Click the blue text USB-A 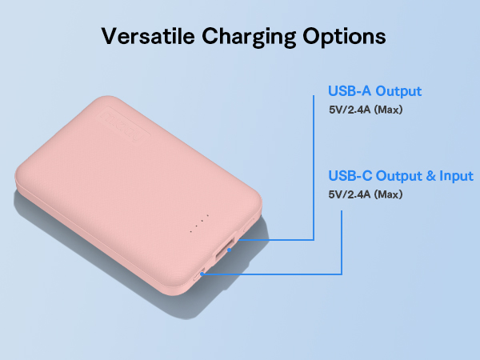point(347,91)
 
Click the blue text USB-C point(348,176)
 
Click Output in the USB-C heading point(397,176)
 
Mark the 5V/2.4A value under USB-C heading point(352,194)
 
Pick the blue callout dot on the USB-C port point(203,274)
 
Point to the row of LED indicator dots point(198,224)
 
